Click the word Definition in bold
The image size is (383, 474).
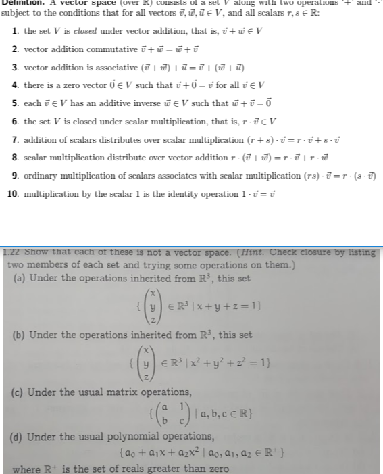(x=24, y=3)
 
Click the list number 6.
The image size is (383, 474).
(x=16, y=121)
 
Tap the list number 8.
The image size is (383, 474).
(x=16, y=156)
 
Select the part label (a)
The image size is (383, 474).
(x=21, y=277)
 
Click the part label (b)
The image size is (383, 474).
(x=21, y=335)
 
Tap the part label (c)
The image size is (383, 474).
(x=21, y=393)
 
